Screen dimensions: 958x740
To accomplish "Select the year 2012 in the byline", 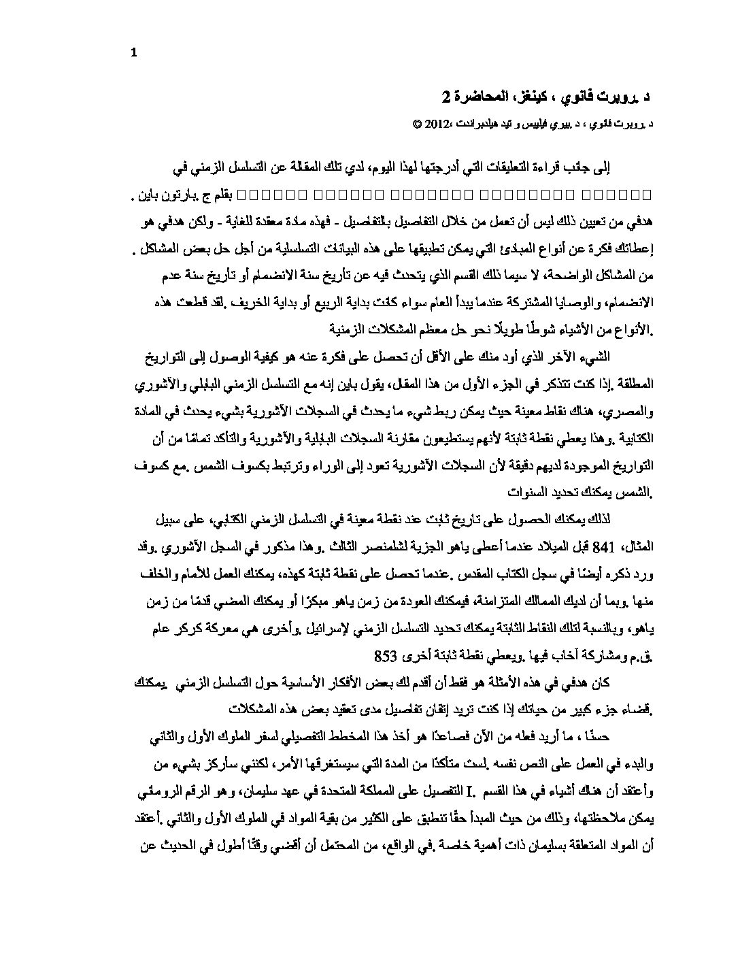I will [436, 125].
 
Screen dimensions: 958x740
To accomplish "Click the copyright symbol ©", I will [416, 125].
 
